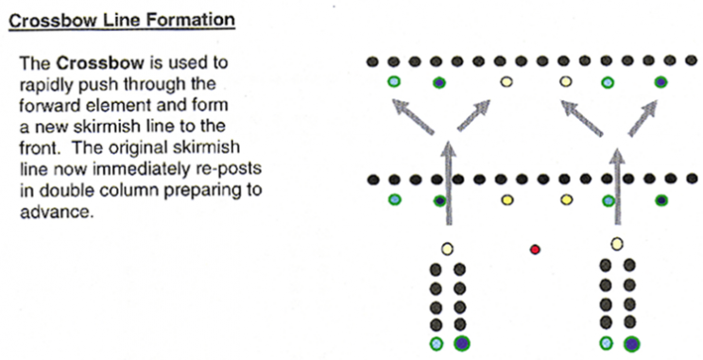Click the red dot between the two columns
(535, 249)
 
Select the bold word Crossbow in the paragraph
(100, 62)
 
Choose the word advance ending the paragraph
(57, 211)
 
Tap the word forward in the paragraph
(49, 105)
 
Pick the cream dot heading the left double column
(447, 249)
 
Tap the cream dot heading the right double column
(617, 244)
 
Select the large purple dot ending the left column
(462, 344)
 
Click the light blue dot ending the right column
(606, 343)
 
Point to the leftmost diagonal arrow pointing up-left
(413, 117)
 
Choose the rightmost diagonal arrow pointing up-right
(642, 118)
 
